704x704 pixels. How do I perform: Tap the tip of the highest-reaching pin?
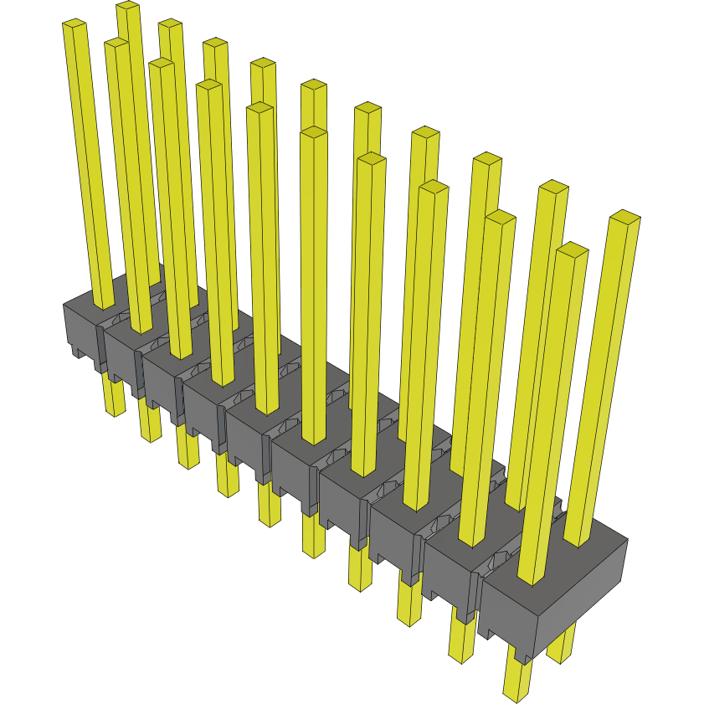(127, 7)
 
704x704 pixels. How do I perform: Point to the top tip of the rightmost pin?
(624, 217)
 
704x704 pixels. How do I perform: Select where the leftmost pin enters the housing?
(104, 304)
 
